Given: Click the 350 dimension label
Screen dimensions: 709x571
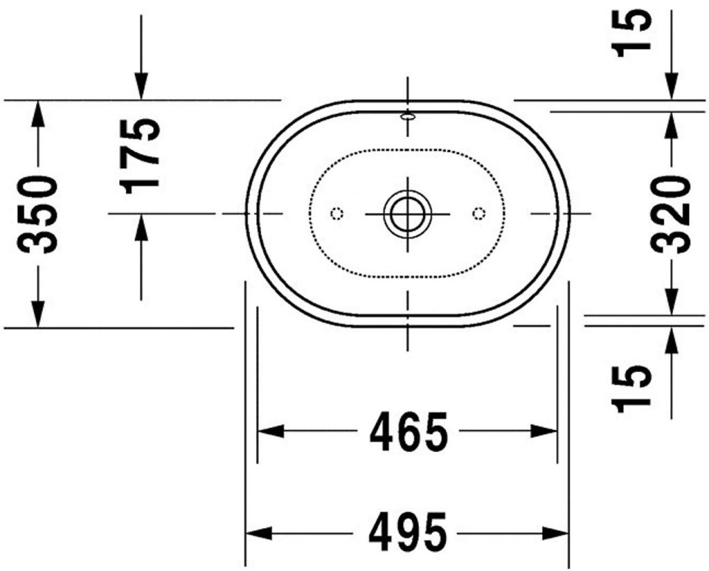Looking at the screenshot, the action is click(37, 215).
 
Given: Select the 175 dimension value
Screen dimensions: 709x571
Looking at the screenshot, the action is click(140, 156).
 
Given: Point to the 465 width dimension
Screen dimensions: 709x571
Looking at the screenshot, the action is click(409, 431).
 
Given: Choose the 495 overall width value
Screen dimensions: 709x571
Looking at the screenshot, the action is click(408, 532).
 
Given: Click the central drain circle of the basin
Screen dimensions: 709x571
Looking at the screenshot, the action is click(408, 213).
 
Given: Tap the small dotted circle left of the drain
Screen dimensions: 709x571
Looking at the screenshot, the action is click(337, 213).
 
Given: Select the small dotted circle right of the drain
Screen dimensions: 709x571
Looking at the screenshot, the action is click(479, 213).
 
